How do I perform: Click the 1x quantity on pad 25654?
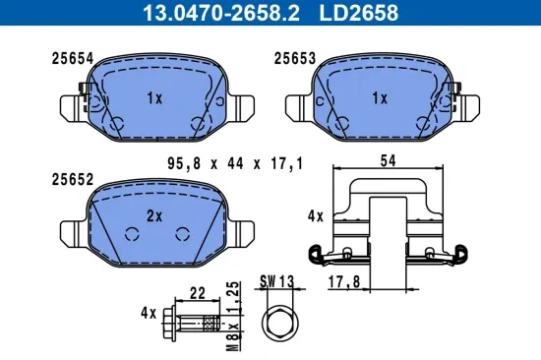point(154,98)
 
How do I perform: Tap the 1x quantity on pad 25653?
point(381,98)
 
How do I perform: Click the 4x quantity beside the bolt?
point(149,315)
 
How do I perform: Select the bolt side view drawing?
point(196,323)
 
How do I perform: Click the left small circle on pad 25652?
point(133,234)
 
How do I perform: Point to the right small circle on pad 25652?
point(180,234)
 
